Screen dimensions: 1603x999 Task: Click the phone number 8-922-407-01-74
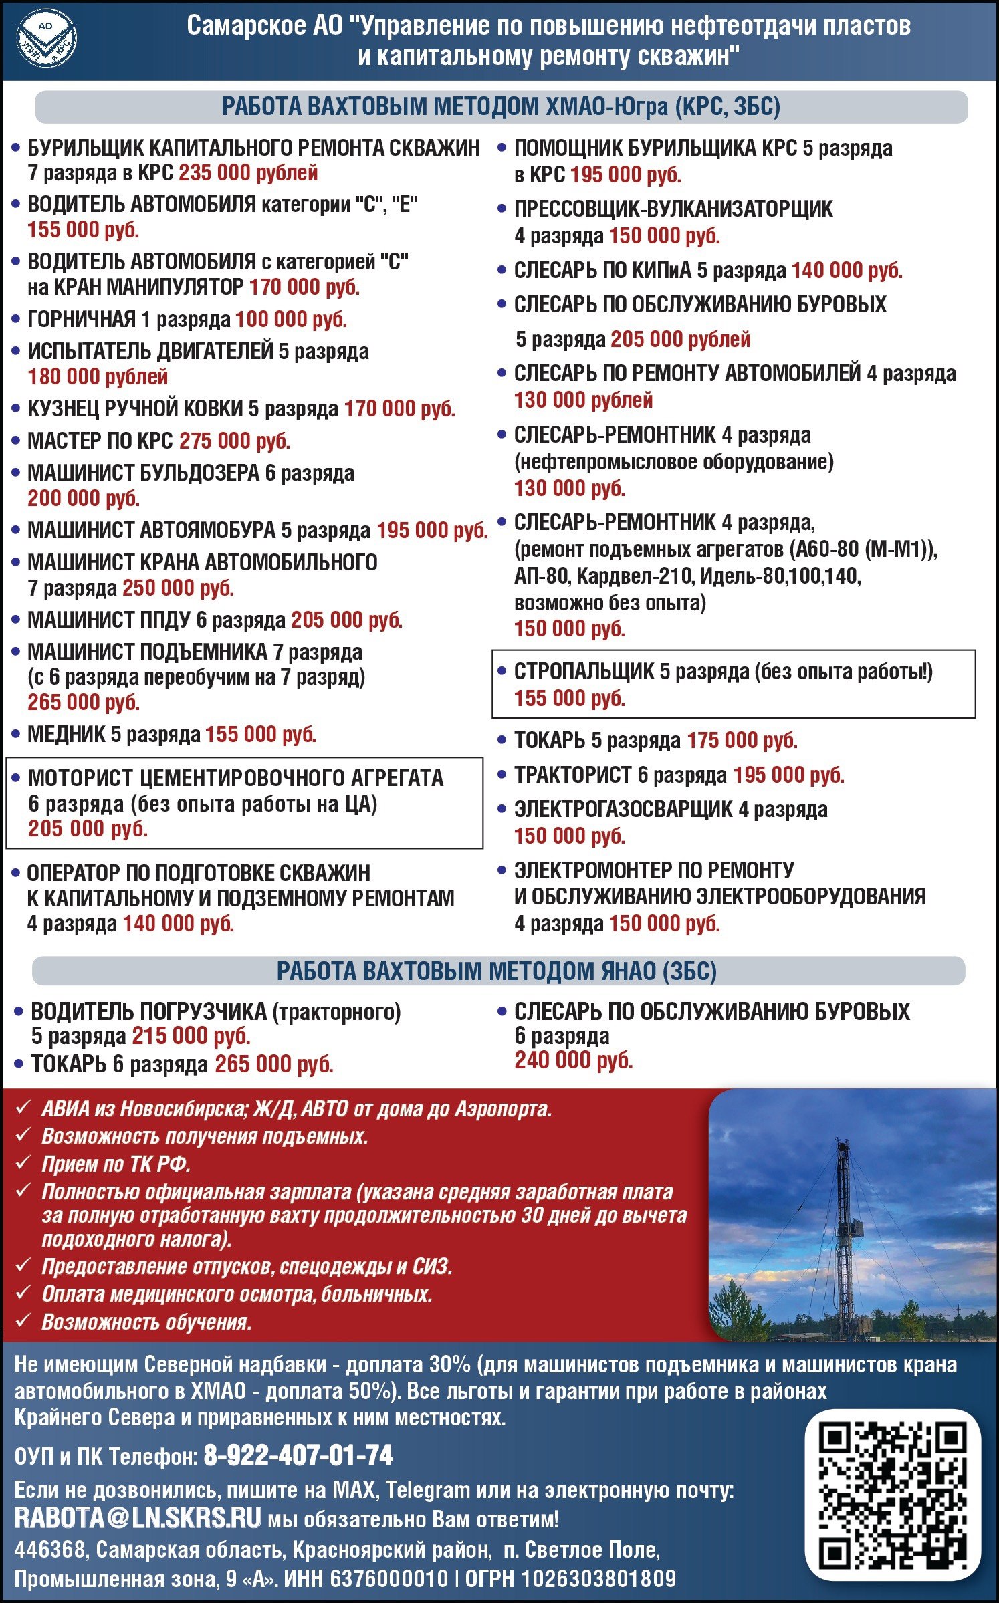[298, 1455]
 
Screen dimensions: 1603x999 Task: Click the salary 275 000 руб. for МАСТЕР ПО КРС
[235, 441]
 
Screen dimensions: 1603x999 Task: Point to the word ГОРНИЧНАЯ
[82, 320]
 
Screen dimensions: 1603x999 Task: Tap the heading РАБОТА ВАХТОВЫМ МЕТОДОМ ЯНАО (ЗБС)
[497, 971]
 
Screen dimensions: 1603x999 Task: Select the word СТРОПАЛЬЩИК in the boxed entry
[584, 672]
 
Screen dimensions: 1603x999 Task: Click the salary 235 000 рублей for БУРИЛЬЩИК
[248, 173]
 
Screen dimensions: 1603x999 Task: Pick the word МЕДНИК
[66, 734]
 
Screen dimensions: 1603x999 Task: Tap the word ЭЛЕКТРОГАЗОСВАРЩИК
[623, 810]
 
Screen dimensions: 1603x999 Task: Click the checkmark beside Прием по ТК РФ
[23, 1163]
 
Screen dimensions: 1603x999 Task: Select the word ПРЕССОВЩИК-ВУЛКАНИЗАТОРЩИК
[673, 209]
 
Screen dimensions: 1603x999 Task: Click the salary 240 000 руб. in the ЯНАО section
[573, 1060]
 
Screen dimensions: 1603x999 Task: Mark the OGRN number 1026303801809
[598, 1580]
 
